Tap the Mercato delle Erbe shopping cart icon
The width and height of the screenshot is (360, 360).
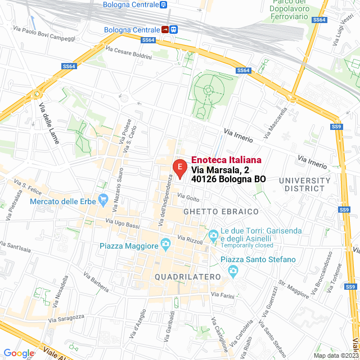(103, 199)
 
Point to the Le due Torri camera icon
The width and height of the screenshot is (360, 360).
(213, 235)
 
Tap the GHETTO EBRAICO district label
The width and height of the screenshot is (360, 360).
(220, 211)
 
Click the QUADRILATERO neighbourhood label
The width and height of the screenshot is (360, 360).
(187, 277)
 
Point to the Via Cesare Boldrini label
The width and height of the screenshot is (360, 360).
(128, 54)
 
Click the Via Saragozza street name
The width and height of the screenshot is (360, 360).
(66, 319)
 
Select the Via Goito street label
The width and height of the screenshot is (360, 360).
(188, 197)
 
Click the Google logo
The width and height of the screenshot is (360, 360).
(19, 353)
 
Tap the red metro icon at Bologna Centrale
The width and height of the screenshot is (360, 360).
(166, 30)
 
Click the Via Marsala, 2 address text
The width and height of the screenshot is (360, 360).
(219, 170)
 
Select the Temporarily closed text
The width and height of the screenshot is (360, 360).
(247, 245)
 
